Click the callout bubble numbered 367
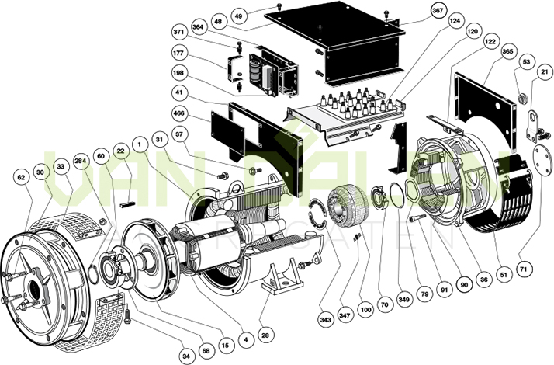[x=438, y=11]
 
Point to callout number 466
[x=180, y=113]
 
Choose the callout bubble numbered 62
[x=22, y=177]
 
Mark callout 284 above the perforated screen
[x=80, y=161]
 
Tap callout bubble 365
[x=508, y=50]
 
